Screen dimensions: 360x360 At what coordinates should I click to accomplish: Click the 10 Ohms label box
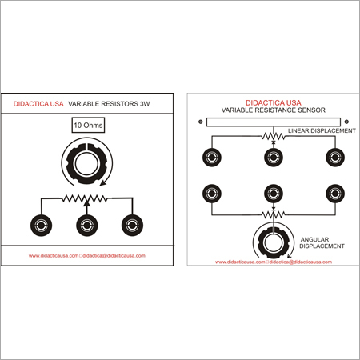pos(88,126)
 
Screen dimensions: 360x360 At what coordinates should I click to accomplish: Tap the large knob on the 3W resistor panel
pos(86,163)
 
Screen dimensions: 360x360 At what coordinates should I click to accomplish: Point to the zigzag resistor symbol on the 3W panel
pos(86,198)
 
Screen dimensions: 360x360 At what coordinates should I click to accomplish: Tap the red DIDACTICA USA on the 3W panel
pos(38,104)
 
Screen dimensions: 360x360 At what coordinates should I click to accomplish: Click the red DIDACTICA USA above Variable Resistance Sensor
pos(272,102)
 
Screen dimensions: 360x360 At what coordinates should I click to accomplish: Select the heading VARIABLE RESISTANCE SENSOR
pos(272,110)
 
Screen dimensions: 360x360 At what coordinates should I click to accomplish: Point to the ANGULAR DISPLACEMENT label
pos(319,242)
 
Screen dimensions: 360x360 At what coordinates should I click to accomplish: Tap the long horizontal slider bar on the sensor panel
pos(272,122)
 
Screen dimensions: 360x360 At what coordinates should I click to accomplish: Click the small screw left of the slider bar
pos(199,122)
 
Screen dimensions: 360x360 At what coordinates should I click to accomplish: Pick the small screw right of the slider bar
pos(346,122)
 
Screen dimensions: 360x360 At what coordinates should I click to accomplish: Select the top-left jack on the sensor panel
pos(212,157)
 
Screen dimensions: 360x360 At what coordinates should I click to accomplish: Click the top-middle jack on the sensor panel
pos(274,157)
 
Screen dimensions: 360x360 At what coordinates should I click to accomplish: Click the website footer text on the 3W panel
pos(86,256)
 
